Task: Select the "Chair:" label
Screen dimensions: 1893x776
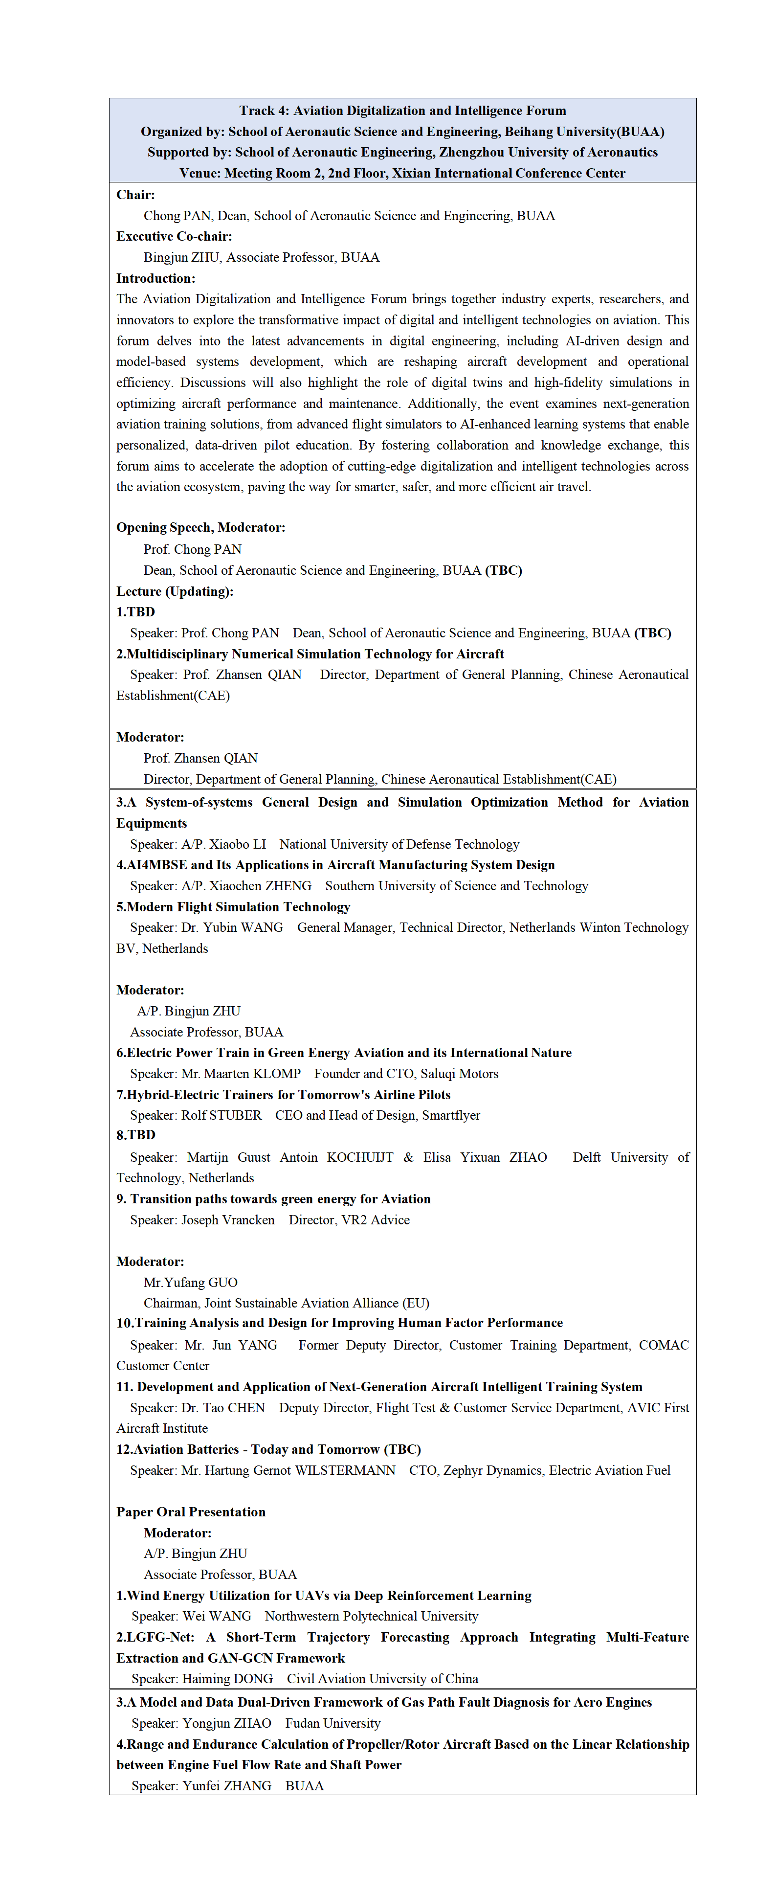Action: [x=135, y=195]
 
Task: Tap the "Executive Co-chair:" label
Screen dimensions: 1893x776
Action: [x=174, y=237]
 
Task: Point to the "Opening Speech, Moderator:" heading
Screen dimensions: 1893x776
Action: [x=200, y=528]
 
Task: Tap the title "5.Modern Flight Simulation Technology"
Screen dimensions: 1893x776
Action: [x=233, y=907]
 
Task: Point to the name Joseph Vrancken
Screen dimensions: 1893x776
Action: [x=228, y=1220]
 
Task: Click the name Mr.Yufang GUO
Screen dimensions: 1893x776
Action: [x=190, y=1283]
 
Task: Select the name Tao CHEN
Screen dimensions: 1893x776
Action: [x=234, y=1408]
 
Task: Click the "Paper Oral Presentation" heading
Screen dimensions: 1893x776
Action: [x=191, y=1511]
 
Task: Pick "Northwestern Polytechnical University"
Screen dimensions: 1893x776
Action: [x=371, y=1616]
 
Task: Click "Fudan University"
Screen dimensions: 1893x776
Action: [x=333, y=1723]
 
